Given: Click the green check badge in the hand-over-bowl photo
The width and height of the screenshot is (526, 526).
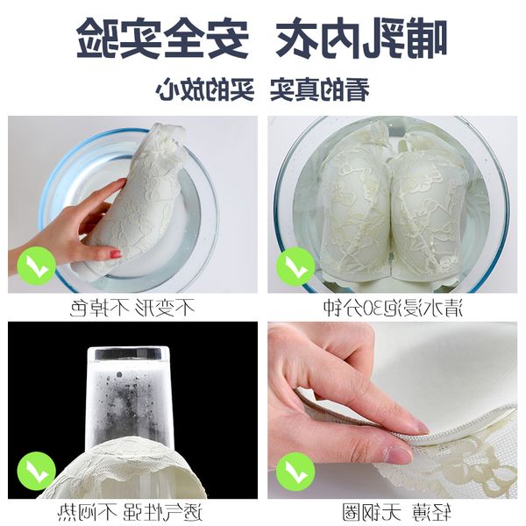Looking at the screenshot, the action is pyautogui.click(x=36, y=266).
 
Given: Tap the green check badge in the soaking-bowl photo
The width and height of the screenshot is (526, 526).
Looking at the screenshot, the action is pyautogui.click(x=295, y=266).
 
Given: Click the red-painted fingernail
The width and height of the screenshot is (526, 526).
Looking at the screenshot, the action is pyautogui.click(x=117, y=253).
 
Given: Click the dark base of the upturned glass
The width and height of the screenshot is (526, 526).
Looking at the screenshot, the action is pyautogui.click(x=129, y=354).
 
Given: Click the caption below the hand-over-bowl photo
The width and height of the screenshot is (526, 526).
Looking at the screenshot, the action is pyautogui.click(x=132, y=308).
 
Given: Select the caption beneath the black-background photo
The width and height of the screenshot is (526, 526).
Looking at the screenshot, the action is pyautogui.click(x=130, y=512).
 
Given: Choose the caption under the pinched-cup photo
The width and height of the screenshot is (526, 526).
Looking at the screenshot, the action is pyautogui.click(x=396, y=512).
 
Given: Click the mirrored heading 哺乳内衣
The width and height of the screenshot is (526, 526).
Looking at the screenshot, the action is pyautogui.click(x=361, y=38).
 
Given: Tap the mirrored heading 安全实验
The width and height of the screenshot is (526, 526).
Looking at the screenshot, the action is pyautogui.click(x=163, y=38).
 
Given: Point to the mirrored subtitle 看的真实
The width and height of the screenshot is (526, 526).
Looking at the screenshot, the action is pyautogui.click(x=320, y=89).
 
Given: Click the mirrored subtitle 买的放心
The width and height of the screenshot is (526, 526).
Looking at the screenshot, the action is pyautogui.click(x=204, y=89).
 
